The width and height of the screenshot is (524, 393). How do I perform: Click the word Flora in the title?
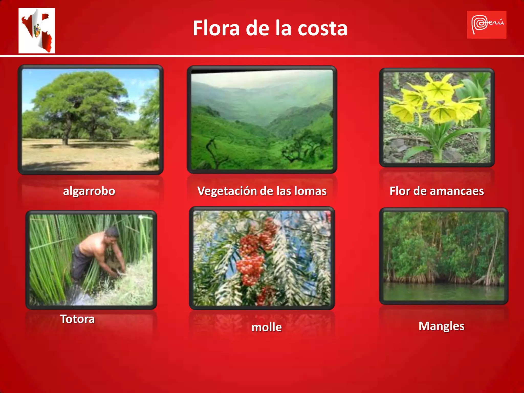coord(216,28)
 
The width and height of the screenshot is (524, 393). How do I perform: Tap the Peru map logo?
coord(37,30)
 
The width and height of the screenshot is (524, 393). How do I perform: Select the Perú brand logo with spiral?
coord(486,25)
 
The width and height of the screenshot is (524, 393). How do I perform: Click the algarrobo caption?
coord(89,191)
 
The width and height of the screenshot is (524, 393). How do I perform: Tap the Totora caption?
coord(77,319)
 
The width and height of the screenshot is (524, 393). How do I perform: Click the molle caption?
coord(267,327)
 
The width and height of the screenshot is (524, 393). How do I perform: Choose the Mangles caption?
coord(441,326)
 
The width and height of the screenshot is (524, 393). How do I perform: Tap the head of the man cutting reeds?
coord(112,233)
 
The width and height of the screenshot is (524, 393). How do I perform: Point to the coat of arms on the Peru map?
coord(38,31)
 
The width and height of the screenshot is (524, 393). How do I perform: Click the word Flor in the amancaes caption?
coord(400,191)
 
